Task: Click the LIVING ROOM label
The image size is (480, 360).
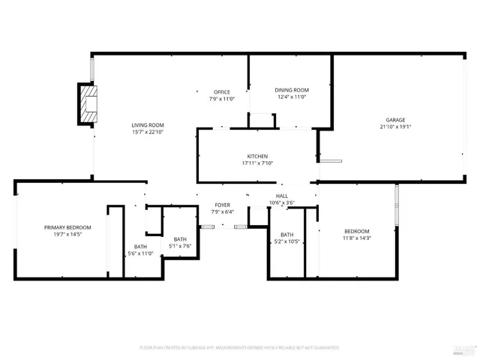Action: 148,125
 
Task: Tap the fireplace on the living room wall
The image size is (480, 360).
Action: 88,104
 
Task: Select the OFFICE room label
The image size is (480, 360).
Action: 221,92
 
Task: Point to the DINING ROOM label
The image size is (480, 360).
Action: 292,90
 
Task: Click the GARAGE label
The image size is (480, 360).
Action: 395,120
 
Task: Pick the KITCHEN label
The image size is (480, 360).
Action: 257,156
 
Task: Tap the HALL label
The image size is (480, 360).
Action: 281,196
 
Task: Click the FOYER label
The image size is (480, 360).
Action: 222,205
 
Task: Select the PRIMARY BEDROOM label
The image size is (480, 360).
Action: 67,227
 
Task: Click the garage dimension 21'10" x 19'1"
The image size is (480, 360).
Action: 395,127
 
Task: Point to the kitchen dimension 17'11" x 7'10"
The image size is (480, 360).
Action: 257,163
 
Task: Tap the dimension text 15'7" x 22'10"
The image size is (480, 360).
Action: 148,132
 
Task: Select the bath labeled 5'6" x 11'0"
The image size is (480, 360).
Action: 140,253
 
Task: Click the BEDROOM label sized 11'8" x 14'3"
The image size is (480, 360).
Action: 356,231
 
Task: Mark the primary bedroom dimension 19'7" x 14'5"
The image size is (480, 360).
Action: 67,234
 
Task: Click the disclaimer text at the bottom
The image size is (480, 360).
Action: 239,348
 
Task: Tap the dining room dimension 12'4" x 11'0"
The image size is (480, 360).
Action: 292,97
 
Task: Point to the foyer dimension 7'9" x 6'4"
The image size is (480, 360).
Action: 222,211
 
